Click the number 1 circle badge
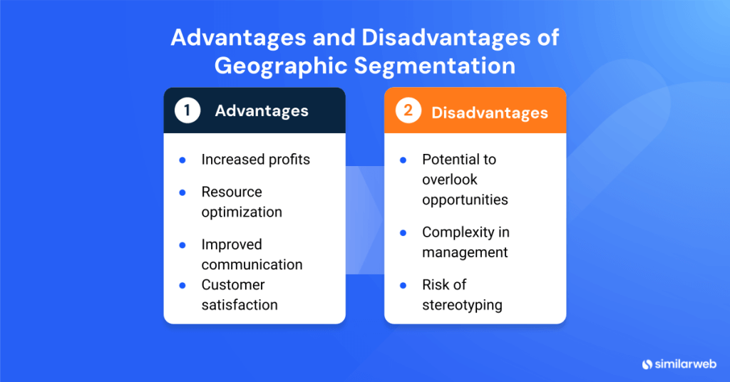(187, 110)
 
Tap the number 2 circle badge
(408, 110)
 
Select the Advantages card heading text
(262, 110)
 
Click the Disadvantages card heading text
(490, 112)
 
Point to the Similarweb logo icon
(647, 363)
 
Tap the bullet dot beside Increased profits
(182, 160)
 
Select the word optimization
(242, 212)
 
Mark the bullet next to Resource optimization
(182, 192)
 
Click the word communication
(252, 264)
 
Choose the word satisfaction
(240, 305)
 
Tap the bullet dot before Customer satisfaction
(182, 285)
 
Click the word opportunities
(465, 200)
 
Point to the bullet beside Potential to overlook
(403, 160)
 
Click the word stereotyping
(462, 305)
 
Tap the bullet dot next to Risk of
(403, 285)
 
